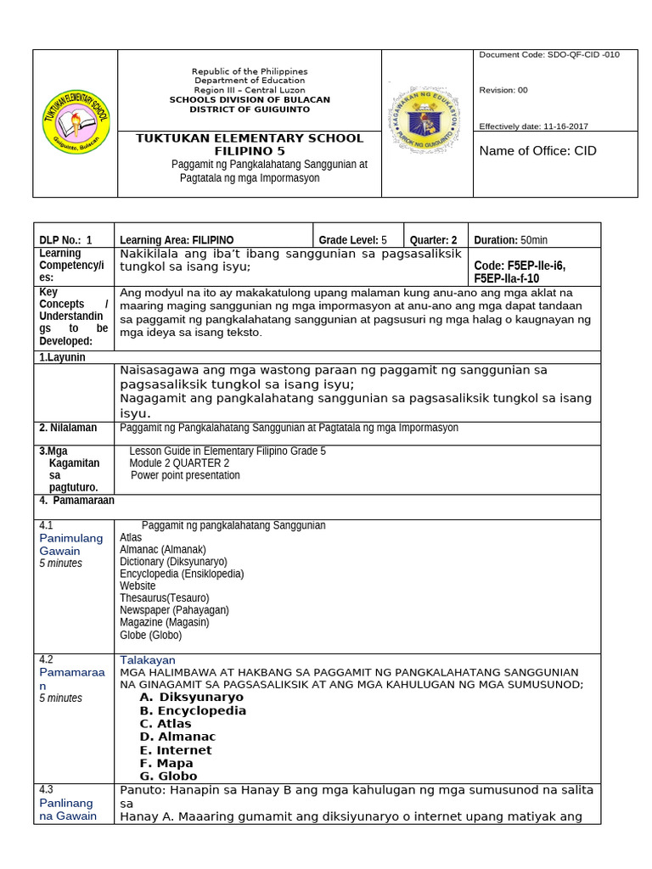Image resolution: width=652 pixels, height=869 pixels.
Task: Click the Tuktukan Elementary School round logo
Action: point(76,121)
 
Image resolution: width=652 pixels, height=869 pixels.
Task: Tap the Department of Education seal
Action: point(424,121)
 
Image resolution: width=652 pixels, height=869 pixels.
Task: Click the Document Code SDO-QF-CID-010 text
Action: point(549,54)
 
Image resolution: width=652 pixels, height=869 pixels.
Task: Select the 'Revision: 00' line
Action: point(503,90)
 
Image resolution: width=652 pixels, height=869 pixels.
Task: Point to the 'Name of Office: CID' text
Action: point(537,151)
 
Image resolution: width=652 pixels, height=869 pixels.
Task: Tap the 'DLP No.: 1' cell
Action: point(65,240)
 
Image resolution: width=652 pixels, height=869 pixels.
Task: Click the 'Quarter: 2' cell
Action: point(434,240)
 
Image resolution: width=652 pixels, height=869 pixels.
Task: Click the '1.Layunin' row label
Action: point(62,357)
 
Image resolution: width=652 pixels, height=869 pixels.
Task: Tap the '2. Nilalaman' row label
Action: point(68,428)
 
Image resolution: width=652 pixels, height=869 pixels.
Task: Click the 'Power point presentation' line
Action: point(185,475)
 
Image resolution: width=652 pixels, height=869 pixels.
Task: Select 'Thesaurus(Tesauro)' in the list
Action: point(164,597)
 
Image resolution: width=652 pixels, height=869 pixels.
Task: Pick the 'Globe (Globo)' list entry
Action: point(150,635)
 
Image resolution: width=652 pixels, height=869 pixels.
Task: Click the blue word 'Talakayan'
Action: point(148,659)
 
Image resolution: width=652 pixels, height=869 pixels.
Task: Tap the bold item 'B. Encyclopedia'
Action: point(193,710)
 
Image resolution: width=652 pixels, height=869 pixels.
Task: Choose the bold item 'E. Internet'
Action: point(176,750)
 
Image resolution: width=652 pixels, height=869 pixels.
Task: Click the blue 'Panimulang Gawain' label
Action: point(70,545)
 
